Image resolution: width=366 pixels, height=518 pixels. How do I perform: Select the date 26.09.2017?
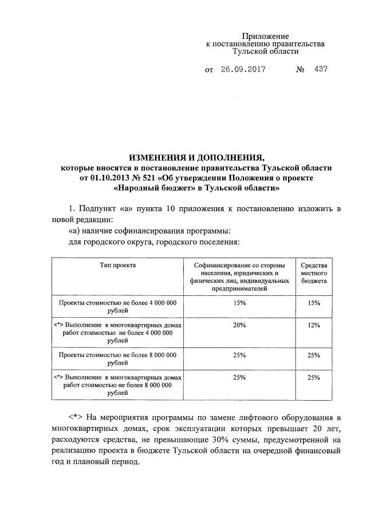243,70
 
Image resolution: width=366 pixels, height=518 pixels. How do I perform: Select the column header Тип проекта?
117,266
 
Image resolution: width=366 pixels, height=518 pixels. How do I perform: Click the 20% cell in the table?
239,325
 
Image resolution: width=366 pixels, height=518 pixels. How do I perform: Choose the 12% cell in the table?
313,325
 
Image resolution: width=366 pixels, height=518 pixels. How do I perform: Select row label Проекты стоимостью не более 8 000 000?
117,355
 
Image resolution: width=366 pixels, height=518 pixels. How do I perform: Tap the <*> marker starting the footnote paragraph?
76,416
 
